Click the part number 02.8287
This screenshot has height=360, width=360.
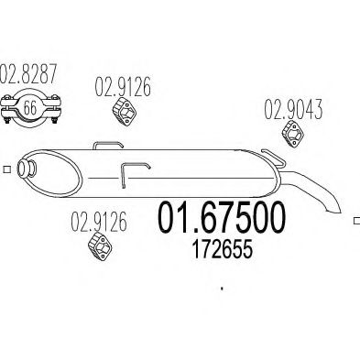click(x=28, y=73)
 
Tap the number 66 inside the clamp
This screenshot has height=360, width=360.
click(x=30, y=107)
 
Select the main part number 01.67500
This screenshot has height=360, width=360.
click(x=222, y=217)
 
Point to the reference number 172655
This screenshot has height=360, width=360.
click(x=223, y=249)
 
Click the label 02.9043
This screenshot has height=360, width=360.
click(x=293, y=109)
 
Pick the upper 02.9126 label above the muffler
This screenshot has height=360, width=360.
click(x=123, y=87)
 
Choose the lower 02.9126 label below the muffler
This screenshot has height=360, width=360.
click(x=99, y=222)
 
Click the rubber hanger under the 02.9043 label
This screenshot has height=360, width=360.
click(x=293, y=134)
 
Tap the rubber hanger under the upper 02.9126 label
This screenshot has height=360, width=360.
click(x=125, y=111)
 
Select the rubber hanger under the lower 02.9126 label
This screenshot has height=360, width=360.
click(x=100, y=246)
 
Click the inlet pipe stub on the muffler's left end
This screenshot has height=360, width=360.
click(x=26, y=169)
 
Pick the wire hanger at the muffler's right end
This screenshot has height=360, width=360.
click(x=273, y=158)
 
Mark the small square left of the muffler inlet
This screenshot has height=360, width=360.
click(x=7, y=169)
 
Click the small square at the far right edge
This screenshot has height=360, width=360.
click(x=356, y=221)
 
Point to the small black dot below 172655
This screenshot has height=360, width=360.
click(x=222, y=288)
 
